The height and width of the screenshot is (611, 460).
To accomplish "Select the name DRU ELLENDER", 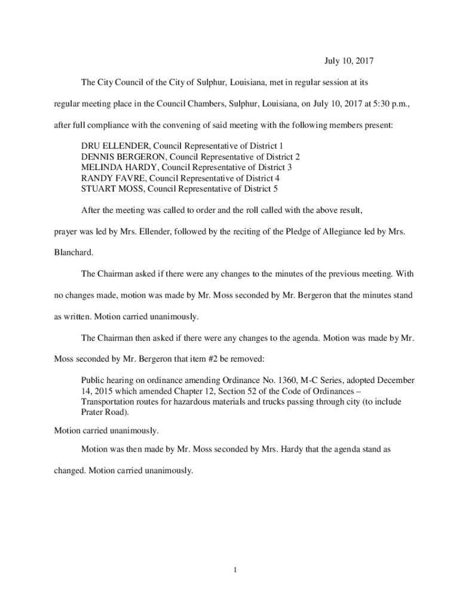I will [114, 146].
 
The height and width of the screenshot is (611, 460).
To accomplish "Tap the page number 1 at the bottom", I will [236, 570].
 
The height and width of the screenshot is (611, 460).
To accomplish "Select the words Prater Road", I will [104, 412].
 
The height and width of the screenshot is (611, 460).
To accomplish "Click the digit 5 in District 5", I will [275, 189].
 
